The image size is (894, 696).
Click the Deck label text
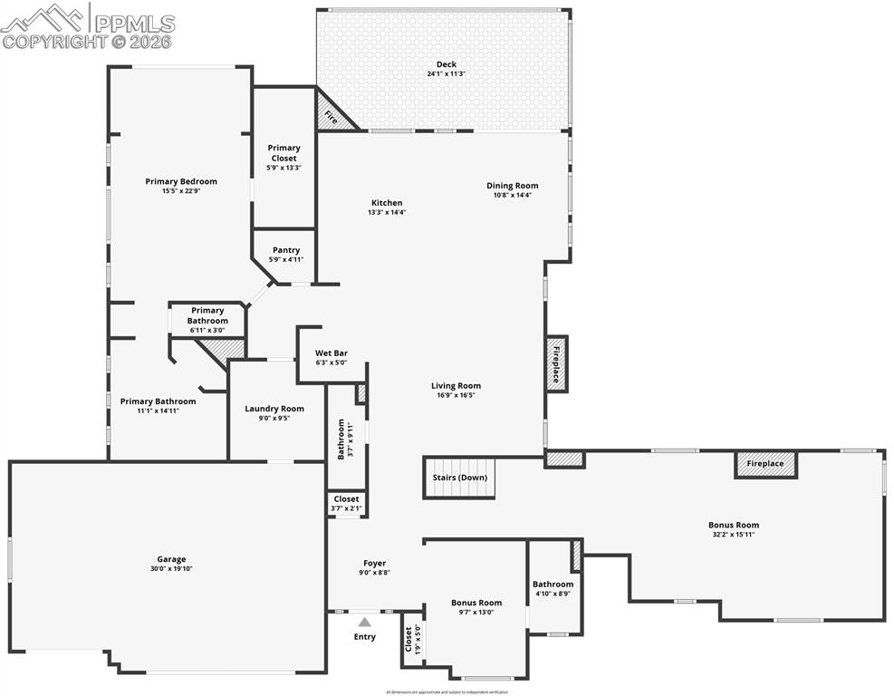click(446, 63)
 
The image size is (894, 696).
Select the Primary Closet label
click(284, 152)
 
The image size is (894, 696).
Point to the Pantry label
click(286, 250)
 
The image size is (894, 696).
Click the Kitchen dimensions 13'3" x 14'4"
click(387, 212)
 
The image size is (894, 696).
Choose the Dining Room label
click(513, 186)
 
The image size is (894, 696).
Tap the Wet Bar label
click(332, 353)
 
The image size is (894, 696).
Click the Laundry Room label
click(274, 409)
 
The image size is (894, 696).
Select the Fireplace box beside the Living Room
click(556, 363)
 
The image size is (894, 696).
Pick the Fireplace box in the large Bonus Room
click(765, 464)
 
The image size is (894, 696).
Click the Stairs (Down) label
click(460, 478)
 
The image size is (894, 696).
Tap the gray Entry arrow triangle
click(364, 622)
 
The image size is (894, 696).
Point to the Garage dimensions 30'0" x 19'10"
click(171, 569)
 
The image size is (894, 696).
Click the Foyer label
click(375, 563)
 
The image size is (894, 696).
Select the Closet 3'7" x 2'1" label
click(346, 499)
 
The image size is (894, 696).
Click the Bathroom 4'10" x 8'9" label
click(553, 585)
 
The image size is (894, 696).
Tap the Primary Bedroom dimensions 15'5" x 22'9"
click(181, 191)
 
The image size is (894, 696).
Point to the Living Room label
click(456, 385)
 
